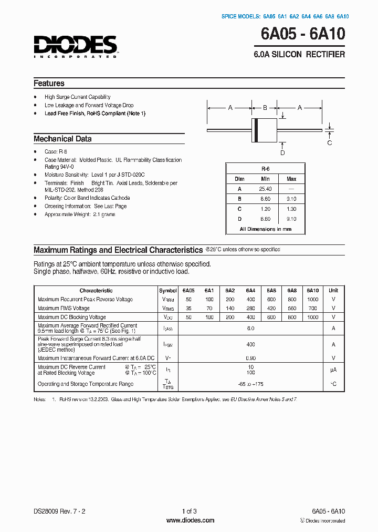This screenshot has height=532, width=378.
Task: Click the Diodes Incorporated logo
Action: [x=76, y=46]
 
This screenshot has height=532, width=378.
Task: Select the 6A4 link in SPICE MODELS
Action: [x=304, y=16]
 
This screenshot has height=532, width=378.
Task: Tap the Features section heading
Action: [x=49, y=83]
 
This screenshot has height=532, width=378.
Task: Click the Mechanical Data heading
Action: [x=62, y=139]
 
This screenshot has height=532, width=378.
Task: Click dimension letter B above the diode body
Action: [x=265, y=108]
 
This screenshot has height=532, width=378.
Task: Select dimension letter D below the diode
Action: [x=282, y=152]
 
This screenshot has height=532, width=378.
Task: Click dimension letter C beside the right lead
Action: [x=330, y=142]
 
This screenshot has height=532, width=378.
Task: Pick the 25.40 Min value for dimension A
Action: [x=265, y=189]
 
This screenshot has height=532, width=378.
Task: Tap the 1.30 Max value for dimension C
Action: [x=291, y=209]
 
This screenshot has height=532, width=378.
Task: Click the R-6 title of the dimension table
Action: [x=265, y=169]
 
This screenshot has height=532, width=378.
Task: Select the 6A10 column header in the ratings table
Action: [x=312, y=290]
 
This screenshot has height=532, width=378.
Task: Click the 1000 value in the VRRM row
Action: [x=312, y=299]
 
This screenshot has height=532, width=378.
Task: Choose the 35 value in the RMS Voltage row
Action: [x=188, y=308]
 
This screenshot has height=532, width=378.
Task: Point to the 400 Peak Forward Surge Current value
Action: [x=250, y=344]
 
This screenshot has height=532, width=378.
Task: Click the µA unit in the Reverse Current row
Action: [x=333, y=370]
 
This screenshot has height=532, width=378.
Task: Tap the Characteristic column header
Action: [x=96, y=290]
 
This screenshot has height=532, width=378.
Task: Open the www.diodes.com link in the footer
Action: [x=190, y=520]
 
